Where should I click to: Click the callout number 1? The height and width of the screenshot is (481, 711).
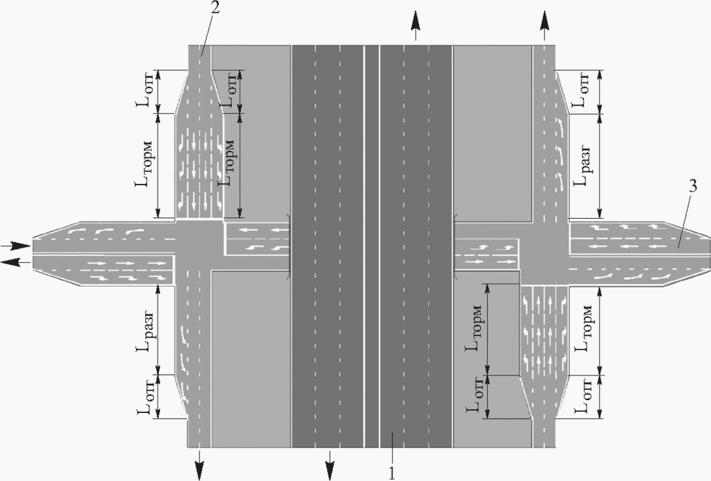[391, 473]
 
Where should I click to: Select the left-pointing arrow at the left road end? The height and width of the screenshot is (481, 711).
[16, 261]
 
